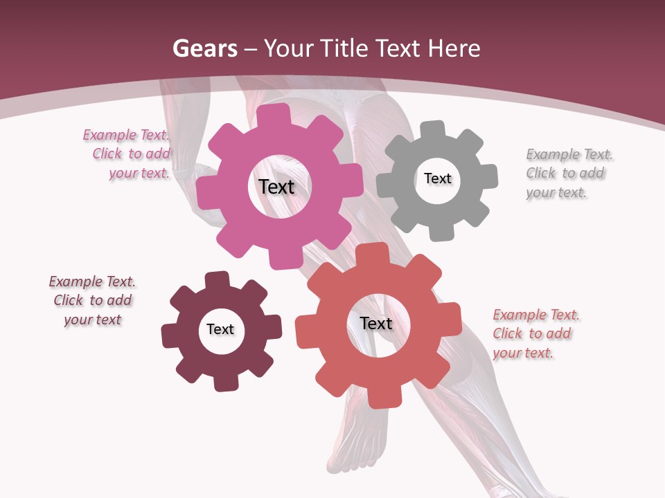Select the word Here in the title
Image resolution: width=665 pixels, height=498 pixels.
[x=454, y=48]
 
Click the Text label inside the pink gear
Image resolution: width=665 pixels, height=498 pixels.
[x=276, y=187]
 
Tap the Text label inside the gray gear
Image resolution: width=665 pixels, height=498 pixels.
[x=437, y=178]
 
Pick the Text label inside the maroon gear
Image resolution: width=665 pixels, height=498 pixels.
[x=220, y=329]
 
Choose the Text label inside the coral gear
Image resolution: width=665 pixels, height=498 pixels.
[x=376, y=323]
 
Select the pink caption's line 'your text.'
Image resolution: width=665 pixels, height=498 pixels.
[x=139, y=173]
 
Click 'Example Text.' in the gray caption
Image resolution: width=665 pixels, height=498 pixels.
[x=569, y=154]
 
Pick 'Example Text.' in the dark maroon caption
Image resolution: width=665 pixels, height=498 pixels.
[x=92, y=282]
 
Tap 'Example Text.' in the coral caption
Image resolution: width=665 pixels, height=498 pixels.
[x=536, y=315]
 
